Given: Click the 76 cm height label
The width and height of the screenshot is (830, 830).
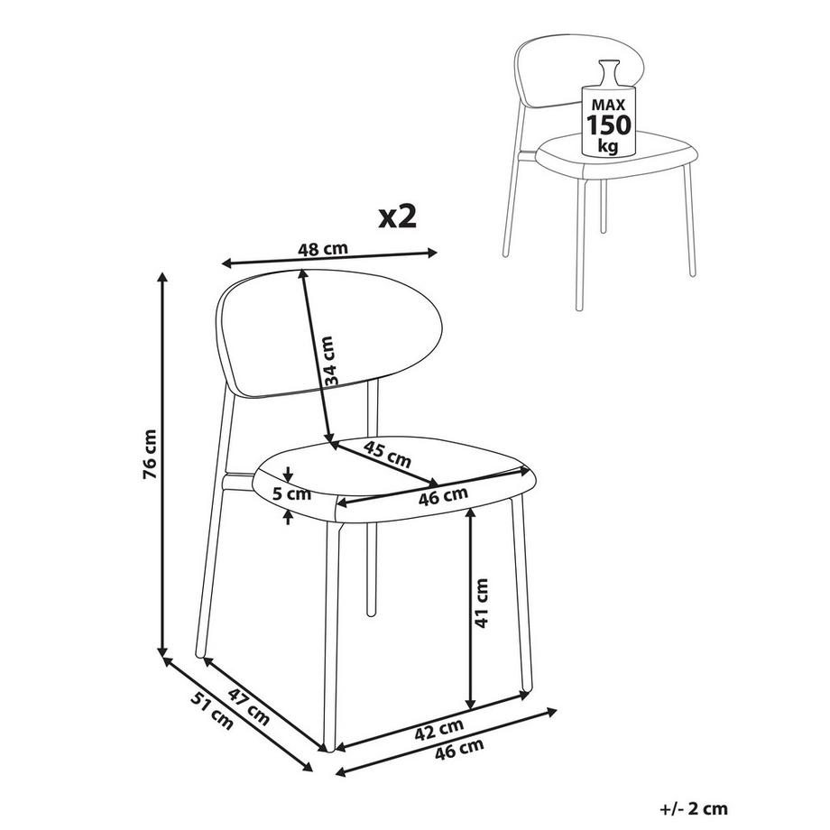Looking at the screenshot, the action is tap(151, 454).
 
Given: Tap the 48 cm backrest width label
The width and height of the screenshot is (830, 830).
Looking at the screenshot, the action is tap(323, 249).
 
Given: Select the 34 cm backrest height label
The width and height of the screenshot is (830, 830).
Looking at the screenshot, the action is tap(328, 361).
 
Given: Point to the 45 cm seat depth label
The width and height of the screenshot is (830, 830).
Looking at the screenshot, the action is tap(387, 454).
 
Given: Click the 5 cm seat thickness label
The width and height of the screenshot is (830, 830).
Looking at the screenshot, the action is tap(291, 494).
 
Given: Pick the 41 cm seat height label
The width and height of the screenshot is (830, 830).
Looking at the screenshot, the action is tap(481, 603).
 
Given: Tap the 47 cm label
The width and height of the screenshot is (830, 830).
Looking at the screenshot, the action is tap(249, 706).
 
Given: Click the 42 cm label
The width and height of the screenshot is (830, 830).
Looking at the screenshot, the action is tap(438, 730).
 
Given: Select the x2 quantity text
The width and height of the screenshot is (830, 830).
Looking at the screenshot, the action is tap(398, 217).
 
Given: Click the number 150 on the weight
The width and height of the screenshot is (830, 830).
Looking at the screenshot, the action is tap(608, 125).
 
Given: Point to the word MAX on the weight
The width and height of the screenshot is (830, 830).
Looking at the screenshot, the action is tap(608, 105).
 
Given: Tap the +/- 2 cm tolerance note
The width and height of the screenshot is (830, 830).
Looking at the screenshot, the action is tap(694, 809).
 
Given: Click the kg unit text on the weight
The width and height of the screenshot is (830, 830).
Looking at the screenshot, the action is tap(608, 145).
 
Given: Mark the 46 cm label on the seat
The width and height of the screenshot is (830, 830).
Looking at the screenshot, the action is tap(443, 496).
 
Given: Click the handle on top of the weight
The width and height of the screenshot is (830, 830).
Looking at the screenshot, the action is tap(608, 72).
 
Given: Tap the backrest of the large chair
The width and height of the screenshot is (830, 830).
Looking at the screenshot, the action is tap(329, 334).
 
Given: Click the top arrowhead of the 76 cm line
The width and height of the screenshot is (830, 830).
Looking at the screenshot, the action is tap(163, 277).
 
